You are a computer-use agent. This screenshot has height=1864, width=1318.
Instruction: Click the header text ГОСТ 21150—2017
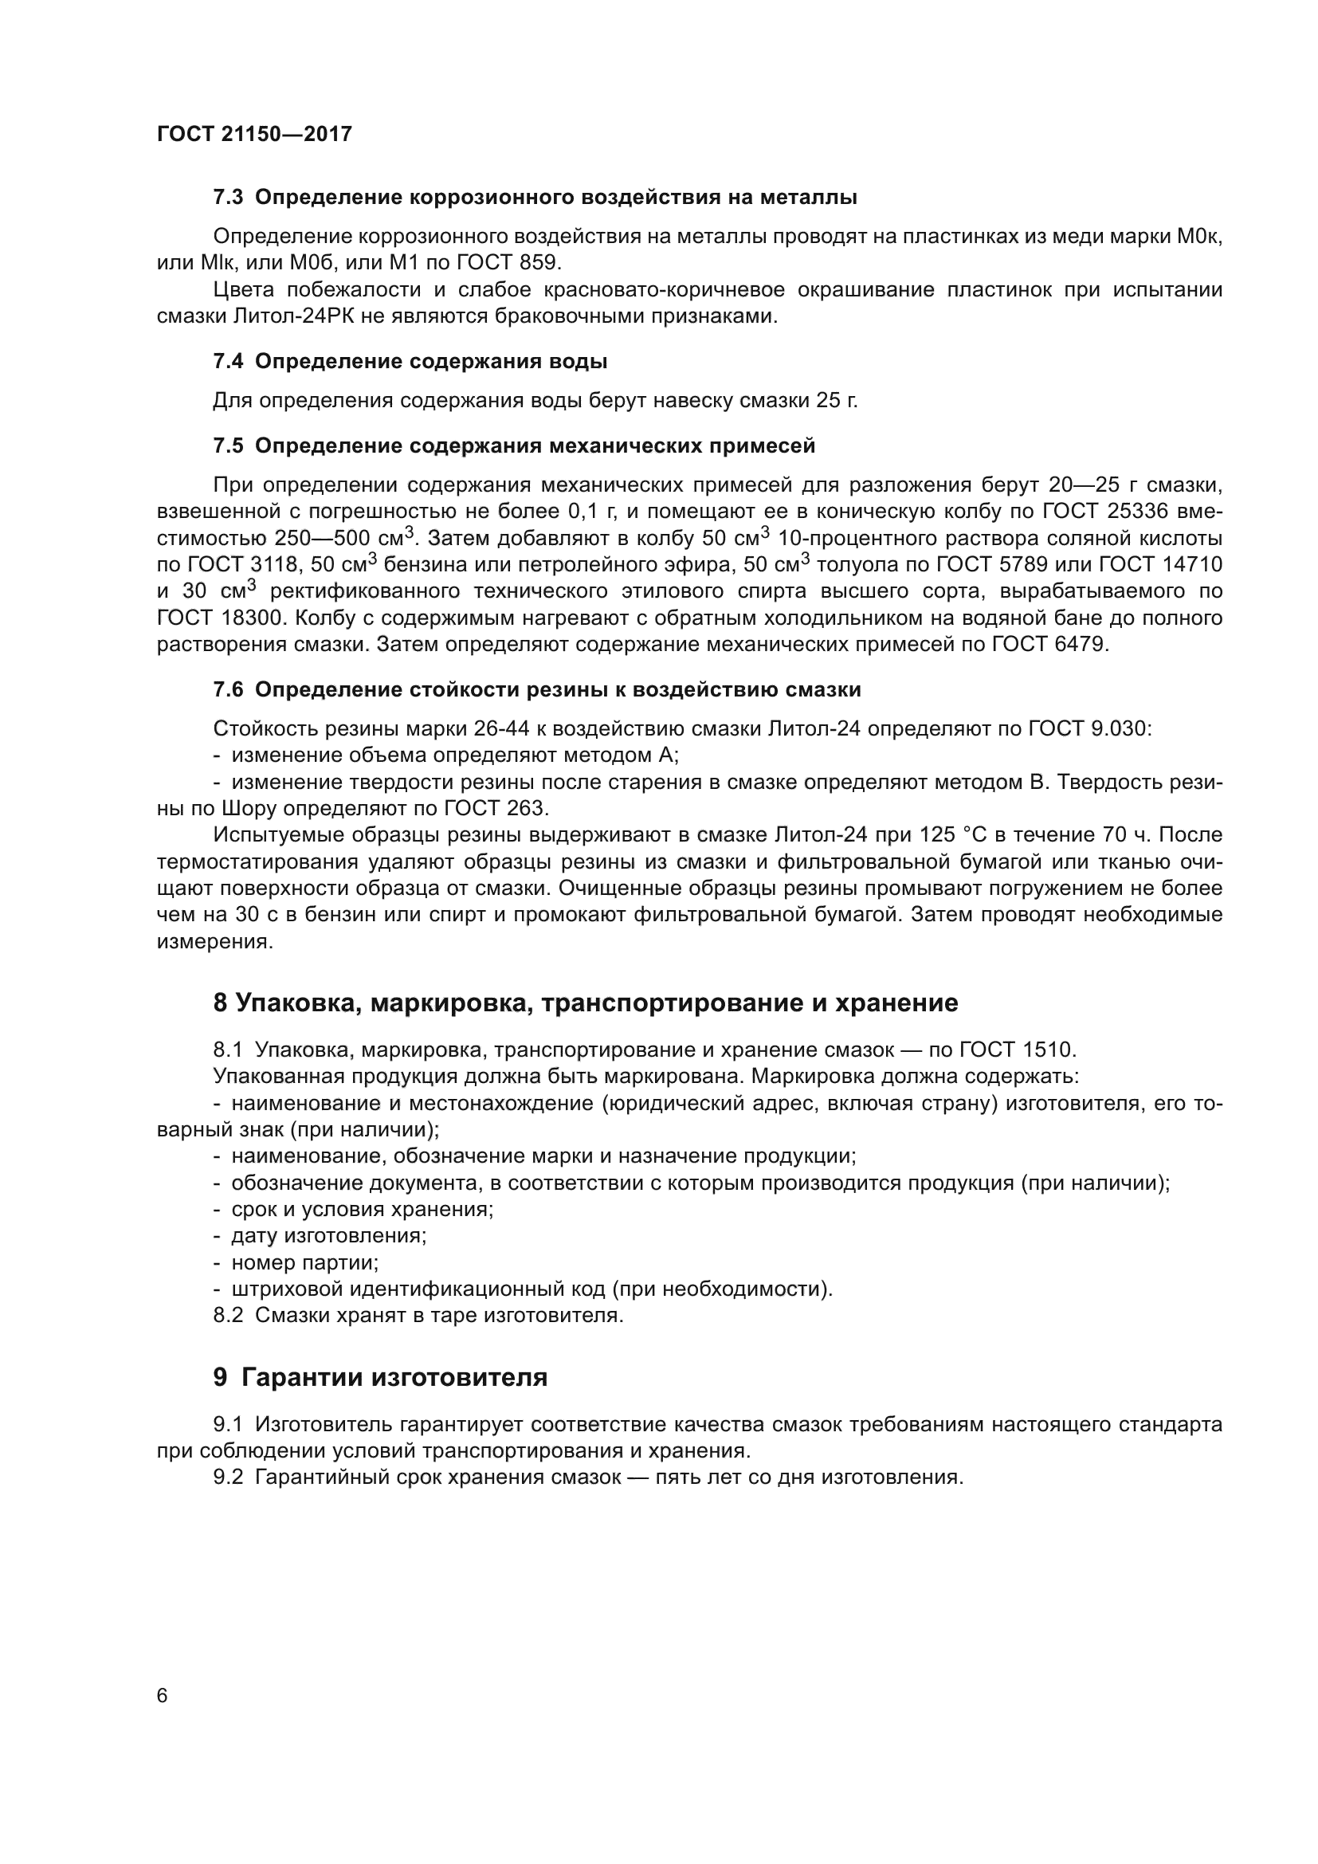[254, 135]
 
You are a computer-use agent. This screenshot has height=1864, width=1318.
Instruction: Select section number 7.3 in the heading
[228, 198]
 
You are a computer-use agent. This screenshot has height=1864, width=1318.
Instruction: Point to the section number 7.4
[228, 361]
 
